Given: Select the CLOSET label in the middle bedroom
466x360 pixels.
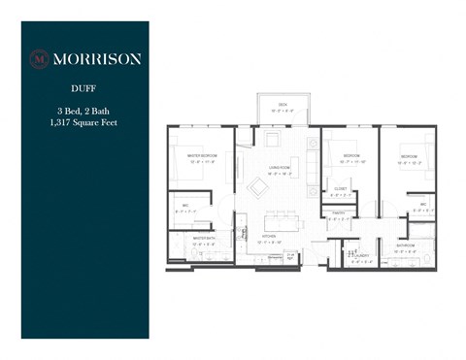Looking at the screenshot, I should click(x=340, y=188).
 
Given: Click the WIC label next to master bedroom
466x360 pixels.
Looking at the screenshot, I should click(x=184, y=205).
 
